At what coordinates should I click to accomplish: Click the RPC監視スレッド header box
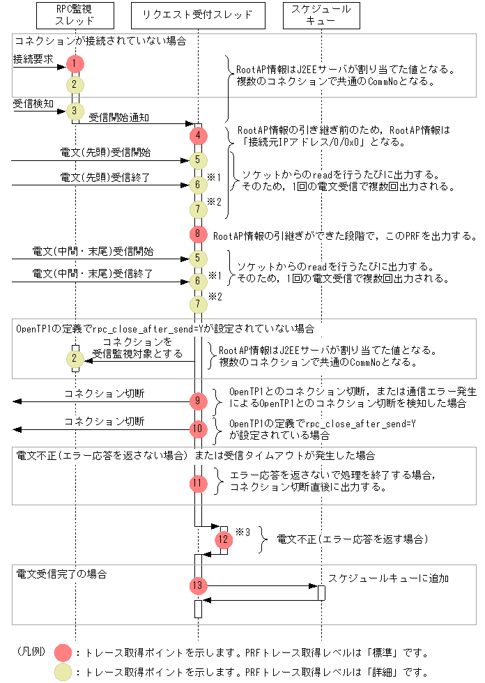75,15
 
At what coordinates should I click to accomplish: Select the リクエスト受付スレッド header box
198,15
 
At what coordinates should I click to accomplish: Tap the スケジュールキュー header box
321,15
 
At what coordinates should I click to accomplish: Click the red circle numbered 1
75,64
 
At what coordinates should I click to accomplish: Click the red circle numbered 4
199,135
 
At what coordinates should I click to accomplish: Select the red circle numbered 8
199,235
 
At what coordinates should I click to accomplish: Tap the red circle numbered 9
199,401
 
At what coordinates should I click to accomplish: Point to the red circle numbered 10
199,428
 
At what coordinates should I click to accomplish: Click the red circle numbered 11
199,482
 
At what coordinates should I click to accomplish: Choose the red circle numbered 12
223,539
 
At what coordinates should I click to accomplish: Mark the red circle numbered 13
199,586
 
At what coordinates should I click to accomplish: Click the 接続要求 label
33,59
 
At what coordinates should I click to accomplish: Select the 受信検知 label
33,103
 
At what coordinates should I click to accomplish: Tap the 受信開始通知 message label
118,118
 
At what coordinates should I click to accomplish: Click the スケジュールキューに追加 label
389,578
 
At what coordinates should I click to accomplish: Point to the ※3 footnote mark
243,531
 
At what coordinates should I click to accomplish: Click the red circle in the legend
63,653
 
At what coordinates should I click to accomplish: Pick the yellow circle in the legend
63,673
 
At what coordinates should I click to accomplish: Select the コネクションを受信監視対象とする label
137,348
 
